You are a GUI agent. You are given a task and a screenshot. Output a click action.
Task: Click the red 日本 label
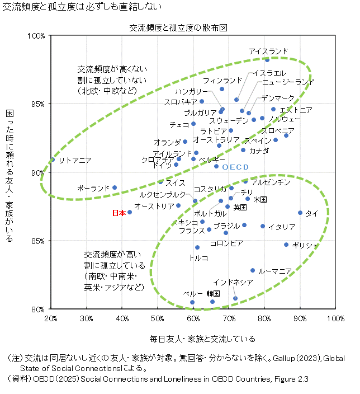(x=119, y=213)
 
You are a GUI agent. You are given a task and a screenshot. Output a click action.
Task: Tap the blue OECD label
(x=235, y=167)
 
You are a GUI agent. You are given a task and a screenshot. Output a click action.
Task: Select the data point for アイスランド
(x=267, y=59)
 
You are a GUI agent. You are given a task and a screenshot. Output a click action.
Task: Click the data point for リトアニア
(x=52, y=160)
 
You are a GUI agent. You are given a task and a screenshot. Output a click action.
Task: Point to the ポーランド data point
(x=115, y=188)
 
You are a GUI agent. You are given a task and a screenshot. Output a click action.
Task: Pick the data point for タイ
(x=300, y=213)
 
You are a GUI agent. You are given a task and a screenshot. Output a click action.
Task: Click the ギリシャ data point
(x=286, y=245)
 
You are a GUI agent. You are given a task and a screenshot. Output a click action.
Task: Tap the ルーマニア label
(x=275, y=271)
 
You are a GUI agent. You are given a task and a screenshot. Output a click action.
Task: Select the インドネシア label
(x=233, y=282)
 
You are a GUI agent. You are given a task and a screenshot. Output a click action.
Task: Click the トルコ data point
(x=197, y=247)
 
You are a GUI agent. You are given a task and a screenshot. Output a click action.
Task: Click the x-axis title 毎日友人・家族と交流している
(x=202, y=339)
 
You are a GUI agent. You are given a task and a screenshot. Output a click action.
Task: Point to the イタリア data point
(x=263, y=226)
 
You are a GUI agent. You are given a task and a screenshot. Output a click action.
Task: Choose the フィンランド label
(x=222, y=81)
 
